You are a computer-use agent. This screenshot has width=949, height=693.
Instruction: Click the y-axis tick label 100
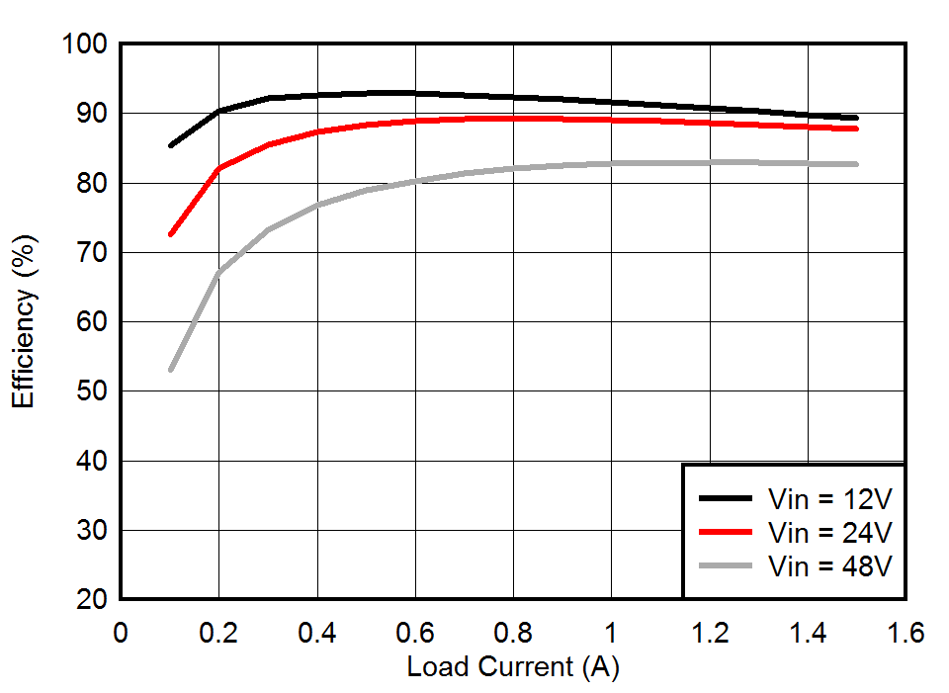coord(83,44)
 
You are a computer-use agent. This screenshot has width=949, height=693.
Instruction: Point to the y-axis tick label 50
coord(90,392)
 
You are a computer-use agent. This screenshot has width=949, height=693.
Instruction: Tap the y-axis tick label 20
coord(90,600)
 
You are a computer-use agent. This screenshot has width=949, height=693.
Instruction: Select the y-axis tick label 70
coord(90,253)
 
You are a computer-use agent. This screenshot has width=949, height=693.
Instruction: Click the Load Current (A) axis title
coord(513,667)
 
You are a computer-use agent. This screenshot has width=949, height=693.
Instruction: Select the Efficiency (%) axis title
coord(25,321)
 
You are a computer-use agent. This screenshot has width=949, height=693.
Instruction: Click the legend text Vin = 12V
coord(829,496)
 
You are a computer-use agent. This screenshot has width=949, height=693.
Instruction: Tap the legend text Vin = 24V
coord(829,532)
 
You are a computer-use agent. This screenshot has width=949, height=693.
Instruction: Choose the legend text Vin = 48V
coord(829,566)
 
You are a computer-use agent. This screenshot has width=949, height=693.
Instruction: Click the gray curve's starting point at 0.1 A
coord(171,370)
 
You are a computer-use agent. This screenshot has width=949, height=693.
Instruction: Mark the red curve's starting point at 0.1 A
coord(171,234)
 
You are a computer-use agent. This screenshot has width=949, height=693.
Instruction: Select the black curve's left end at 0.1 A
coord(171,145)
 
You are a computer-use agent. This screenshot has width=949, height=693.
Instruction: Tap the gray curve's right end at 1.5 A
coord(856,164)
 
